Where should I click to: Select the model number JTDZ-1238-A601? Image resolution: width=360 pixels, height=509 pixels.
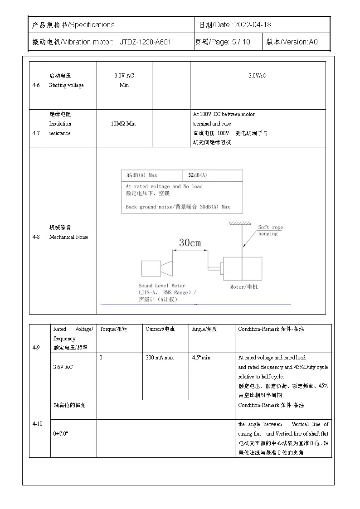145,42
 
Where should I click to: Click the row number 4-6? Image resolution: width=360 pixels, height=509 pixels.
37,85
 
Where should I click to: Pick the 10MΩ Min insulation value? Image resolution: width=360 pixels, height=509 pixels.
123,124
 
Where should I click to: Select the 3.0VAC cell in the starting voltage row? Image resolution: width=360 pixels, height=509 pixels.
257,76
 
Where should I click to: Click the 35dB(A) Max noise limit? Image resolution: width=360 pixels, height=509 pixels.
142,175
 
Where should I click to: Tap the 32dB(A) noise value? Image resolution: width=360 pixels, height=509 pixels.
197,175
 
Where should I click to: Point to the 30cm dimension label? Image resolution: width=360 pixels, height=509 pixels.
190,243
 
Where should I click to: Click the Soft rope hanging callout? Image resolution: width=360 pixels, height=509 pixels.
270,230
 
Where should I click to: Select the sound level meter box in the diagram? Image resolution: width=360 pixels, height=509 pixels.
151,268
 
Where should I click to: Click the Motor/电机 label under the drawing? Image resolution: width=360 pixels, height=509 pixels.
243,287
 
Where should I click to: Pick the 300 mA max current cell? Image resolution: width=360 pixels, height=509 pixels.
159,358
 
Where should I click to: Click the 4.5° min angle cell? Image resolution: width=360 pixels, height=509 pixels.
201,358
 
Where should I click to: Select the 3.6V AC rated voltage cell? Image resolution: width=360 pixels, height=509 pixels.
63,367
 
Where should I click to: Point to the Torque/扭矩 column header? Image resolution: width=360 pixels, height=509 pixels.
113,329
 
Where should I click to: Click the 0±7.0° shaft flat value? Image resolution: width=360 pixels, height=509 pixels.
61,434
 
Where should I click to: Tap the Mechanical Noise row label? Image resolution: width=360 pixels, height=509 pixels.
68,237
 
